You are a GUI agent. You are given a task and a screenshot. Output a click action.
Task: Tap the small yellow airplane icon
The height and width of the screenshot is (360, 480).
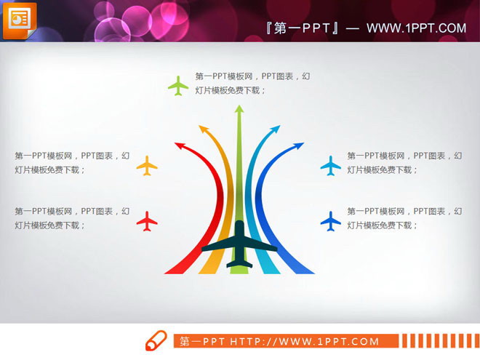[x=147, y=165]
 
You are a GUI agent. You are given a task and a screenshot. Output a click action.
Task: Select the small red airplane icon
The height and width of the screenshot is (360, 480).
[x=147, y=220]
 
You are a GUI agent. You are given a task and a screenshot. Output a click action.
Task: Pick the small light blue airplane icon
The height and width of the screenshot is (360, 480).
[x=331, y=165]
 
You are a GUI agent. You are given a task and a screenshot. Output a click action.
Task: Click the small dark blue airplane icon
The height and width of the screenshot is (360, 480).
[x=331, y=220]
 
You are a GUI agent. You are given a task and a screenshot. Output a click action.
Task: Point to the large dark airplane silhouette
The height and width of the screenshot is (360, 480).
[x=239, y=244]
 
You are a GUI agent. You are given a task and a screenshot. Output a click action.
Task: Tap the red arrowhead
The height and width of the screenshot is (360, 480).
[x=180, y=146]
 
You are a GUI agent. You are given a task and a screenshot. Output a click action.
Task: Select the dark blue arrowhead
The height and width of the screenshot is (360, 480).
[x=298, y=146]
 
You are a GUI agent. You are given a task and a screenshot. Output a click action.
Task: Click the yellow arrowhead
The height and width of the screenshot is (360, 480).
[x=203, y=129]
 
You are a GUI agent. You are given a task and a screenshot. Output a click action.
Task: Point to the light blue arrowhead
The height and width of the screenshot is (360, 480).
[x=275, y=130]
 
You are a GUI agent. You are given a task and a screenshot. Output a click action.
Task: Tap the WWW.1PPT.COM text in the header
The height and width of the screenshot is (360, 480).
[x=416, y=28]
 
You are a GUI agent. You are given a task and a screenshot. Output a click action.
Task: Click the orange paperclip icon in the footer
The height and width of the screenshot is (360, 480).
[x=156, y=341]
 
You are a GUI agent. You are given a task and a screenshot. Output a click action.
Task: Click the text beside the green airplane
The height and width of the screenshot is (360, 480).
[x=253, y=83]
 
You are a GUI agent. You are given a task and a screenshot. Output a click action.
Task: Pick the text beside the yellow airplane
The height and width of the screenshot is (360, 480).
[x=72, y=162]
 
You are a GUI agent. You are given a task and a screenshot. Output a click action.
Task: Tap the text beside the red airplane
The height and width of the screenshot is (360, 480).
[x=72, y=218]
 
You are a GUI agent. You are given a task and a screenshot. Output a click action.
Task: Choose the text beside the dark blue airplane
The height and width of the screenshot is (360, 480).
[x=404, y=218]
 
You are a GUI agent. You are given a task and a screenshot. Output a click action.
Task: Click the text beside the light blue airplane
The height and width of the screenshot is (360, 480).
[x=404, y=162]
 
